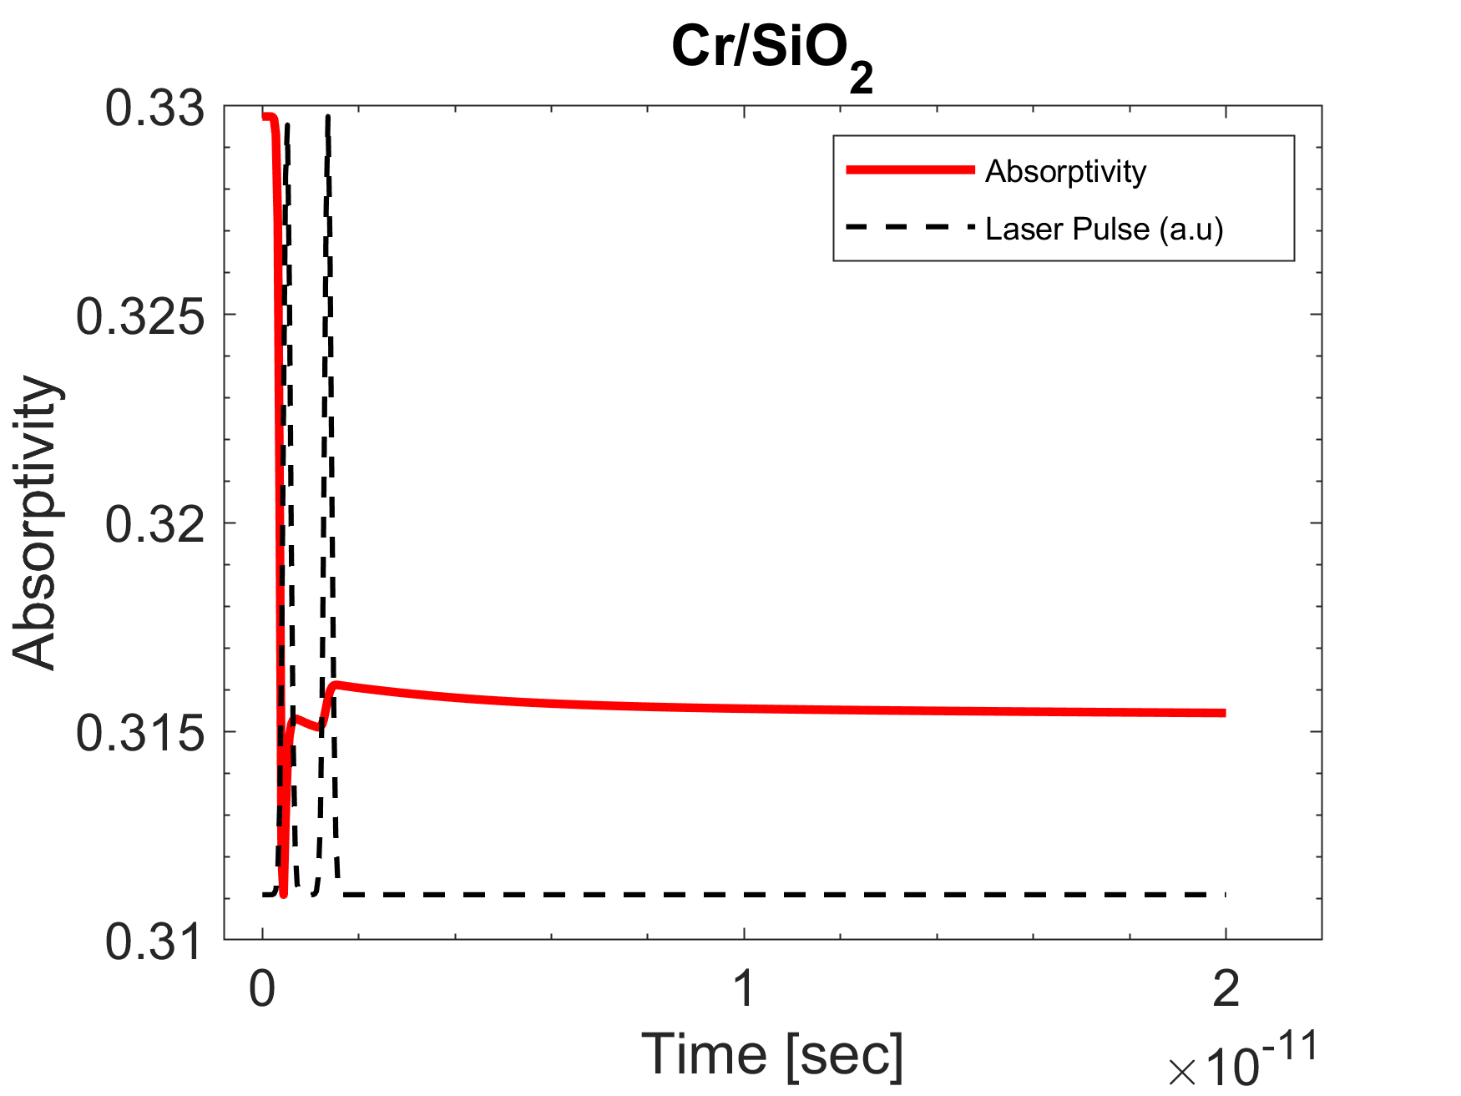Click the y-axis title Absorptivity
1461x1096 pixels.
click(x=35, y=523)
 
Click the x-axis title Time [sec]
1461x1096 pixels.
click(x=772, y=1053)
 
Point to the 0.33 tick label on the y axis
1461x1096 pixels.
click(x=154, y=109)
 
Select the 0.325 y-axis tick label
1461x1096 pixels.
click(x=140, y=317)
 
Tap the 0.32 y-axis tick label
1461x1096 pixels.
click(x=154, y=525)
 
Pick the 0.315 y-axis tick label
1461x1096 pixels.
click(x=140, y=733)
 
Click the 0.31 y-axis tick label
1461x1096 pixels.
click(x=154, y=942)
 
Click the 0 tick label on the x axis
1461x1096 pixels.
click(x=262, y=988)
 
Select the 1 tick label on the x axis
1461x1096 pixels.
click(x=743, y=988)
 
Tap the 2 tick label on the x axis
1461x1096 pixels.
click(x=1225, y=988)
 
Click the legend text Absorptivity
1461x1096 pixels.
click(x=1065, y=171)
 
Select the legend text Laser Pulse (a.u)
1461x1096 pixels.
click(x=1104, y=229)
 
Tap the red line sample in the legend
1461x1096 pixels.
click(x=910, y=169)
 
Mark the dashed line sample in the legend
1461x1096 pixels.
click(x=910, y=227)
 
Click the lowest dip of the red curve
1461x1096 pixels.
click(x=284, y=893)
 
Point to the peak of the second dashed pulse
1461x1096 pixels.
click(x=328, y=118)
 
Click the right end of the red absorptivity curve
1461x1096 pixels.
click(x=1223, y=713)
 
